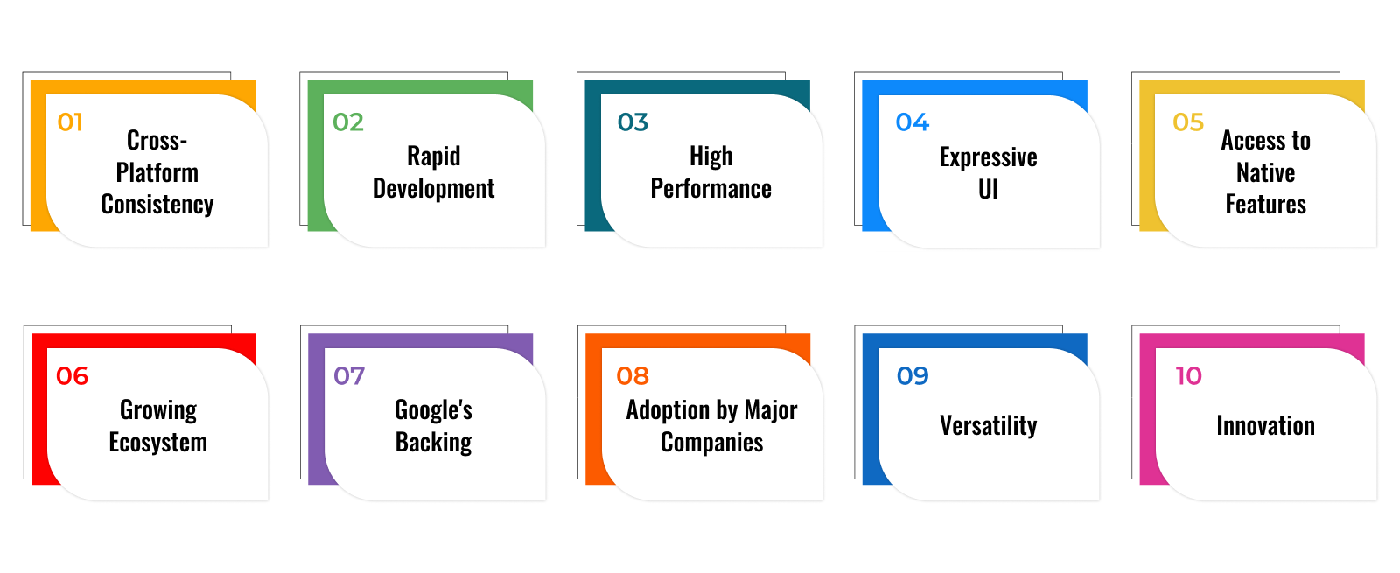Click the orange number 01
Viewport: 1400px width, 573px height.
[70, 122]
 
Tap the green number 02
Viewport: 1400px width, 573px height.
[348, 122]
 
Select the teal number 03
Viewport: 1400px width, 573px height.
[633, 122]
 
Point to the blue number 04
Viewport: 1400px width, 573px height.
[913, 122]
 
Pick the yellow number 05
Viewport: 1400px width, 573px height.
[1188, 122]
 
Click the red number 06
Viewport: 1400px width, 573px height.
[73, 376]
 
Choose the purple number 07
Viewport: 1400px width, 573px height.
[349, 376]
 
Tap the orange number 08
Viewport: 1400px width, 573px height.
[633, 376]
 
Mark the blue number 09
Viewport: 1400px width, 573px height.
[913, 376]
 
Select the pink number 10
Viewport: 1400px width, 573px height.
[1189, 376]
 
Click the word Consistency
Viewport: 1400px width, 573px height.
[157, 205]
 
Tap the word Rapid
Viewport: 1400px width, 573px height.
[434, 157]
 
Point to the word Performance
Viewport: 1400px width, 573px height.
[711, 189]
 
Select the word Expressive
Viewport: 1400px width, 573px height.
[988, 157]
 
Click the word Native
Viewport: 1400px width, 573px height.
[1265, 172]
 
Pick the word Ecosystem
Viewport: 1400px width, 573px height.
[158, 443]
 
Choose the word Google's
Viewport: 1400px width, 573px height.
[434, 410]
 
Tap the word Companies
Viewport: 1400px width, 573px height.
[712, 443]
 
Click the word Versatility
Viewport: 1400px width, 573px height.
[988, 426]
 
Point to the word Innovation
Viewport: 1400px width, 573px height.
[1265, 426]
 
